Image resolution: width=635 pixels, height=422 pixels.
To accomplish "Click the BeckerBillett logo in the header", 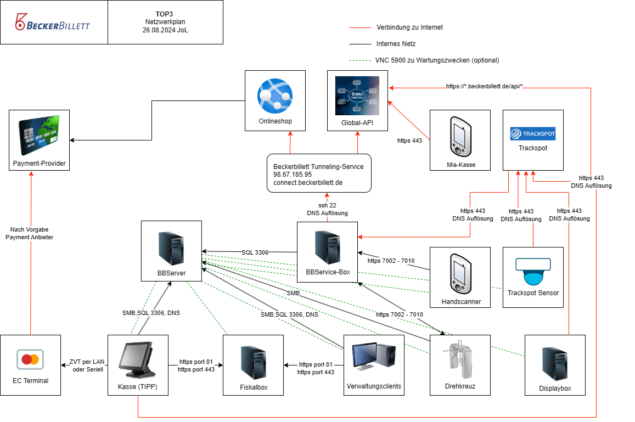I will [x=53, y=23].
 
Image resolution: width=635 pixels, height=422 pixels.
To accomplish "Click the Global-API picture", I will [x=357, y=96].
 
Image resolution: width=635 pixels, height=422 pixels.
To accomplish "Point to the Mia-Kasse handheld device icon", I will [x=460, y=136].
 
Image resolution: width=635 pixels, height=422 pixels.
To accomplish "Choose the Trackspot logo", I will [x=533, y=133].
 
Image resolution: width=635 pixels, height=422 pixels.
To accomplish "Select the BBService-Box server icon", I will [x=327, y=246].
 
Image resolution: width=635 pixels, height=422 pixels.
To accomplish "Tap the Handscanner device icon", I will [x=460, y=272].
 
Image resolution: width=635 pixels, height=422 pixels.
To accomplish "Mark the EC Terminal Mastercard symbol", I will [x=30, y=360].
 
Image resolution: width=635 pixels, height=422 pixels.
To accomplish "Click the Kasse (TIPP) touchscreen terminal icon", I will [x=138, y=359].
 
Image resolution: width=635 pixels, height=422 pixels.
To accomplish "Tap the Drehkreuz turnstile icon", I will [x=459, y=359].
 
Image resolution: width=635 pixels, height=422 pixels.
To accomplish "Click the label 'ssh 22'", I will [x=327, y=205].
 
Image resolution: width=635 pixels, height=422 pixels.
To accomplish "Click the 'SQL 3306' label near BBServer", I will [x=255, y=252].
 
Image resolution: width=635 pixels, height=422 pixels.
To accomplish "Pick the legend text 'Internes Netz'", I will [x=396, y=44].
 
